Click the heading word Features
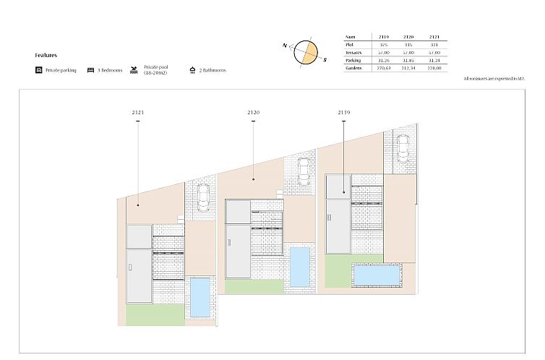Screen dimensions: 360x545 pos(46,55)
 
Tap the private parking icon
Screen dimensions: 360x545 pos(38,70)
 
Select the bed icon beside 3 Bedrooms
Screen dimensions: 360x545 pos(90,70)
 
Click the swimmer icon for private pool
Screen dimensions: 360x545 pos(134,70)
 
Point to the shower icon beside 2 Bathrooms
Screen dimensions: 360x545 pos(192,70)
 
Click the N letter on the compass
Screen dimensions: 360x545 pos(286,45)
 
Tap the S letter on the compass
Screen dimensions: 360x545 pos(325,60)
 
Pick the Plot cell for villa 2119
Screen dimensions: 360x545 pos(383,45)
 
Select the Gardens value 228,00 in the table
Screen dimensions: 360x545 pos(434,68)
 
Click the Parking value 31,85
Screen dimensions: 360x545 pos(408,60)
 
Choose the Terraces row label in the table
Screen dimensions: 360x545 pos(354,53)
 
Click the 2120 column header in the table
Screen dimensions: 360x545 pos(408,36)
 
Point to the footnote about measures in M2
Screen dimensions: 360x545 pos(494,77)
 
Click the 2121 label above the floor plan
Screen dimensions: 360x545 pos(137,113)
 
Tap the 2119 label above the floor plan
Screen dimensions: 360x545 pos(343,113)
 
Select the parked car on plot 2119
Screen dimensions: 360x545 pos(403,148)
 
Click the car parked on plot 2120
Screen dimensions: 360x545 pos(303,172)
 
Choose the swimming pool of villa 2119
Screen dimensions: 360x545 pos(374,275)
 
